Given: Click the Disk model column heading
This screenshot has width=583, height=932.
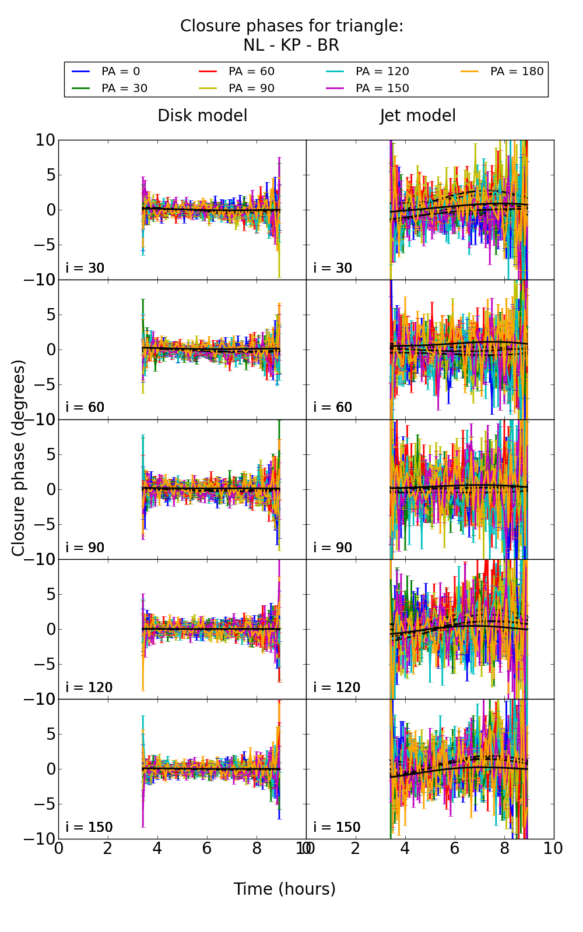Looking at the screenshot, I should pos(202,116).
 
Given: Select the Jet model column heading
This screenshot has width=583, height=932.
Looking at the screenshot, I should pos(417,116).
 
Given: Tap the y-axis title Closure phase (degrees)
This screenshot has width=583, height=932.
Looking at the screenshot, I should pos(19,458).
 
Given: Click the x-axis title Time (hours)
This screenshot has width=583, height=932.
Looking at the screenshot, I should pos(285,889).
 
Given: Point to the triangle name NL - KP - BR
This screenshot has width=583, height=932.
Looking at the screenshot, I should pos(291,45).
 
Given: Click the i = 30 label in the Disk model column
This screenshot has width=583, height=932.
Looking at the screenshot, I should pos(85,268).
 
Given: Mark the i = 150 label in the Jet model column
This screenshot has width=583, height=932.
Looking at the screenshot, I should pos(336,827).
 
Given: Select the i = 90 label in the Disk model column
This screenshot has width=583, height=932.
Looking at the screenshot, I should pos(85,548).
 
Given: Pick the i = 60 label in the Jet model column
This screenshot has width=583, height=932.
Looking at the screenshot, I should pos(333,407).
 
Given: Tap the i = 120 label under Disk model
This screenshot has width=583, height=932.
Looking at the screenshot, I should pos(89,687).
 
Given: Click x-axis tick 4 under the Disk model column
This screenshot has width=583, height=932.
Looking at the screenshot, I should pos(157,849).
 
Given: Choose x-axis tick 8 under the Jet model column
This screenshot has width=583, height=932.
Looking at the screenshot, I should pos(504,849).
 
